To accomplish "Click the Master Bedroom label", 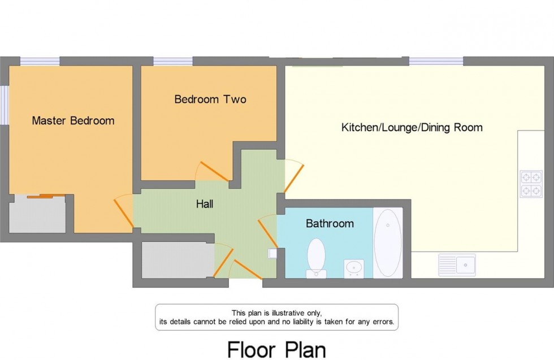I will (73, 120).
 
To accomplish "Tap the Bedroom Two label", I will (210, 99).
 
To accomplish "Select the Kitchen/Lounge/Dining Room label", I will (412, 127).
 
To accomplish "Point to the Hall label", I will (205, 204).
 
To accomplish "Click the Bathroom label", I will (330, 224).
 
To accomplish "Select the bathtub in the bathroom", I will (387, 242).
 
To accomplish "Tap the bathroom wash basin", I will (354, 267).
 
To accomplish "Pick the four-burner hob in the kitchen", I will (531, 184).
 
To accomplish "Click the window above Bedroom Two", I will (172, 61).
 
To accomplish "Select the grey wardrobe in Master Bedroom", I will (37, 214).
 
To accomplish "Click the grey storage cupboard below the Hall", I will (177, 260).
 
